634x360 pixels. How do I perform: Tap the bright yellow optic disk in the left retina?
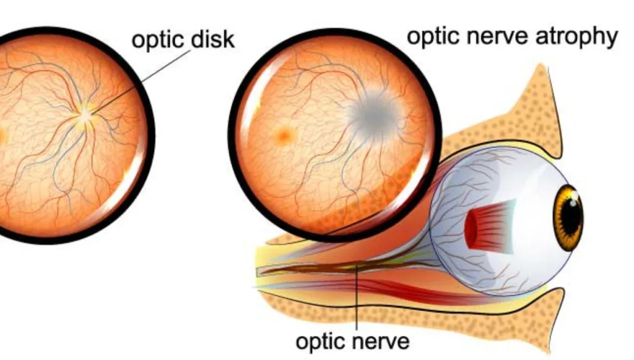(x=86, y=114)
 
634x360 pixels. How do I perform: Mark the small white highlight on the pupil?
(x=574, y=196)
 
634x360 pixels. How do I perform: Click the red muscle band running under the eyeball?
(x=396, y=289)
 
